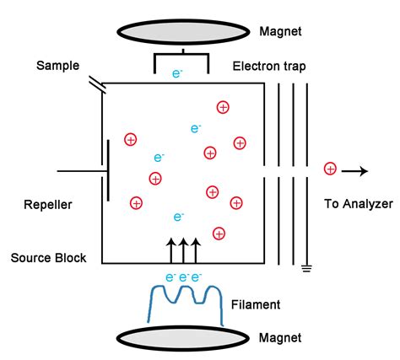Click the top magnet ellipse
click(183, 29)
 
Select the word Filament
click(255, 304)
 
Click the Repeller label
click(48, 204)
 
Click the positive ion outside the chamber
click(330, 170)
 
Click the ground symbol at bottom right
click(308, 269)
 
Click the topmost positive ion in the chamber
click(223, 106)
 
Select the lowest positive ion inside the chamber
click(219, 232)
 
